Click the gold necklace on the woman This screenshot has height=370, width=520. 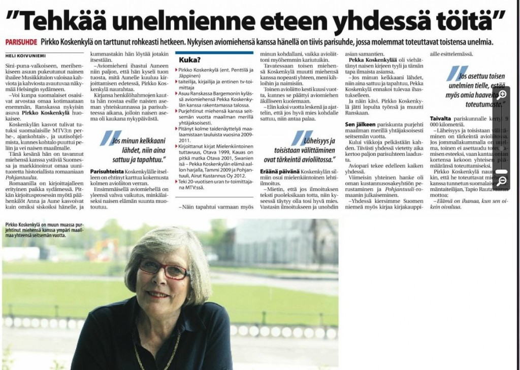(152, 350)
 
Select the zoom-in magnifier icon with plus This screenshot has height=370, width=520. (502, 95)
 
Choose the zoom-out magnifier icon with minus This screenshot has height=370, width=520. (502, 181)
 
